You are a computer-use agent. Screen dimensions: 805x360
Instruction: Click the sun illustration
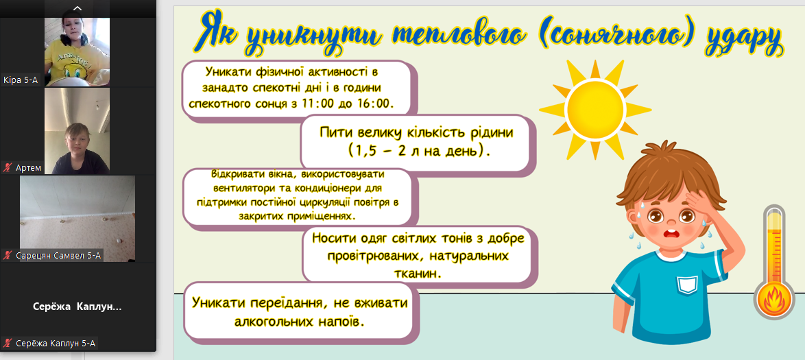click(595, 109)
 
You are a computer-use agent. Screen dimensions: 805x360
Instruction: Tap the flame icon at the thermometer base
click(773, 300)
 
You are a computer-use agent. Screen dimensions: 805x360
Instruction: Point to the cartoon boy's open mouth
click(671, 235)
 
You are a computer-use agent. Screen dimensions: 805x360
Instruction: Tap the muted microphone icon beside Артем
click(7, 167)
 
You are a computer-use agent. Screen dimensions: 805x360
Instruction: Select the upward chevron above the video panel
click(77, 8)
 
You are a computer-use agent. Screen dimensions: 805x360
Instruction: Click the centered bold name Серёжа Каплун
click(77, 307)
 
